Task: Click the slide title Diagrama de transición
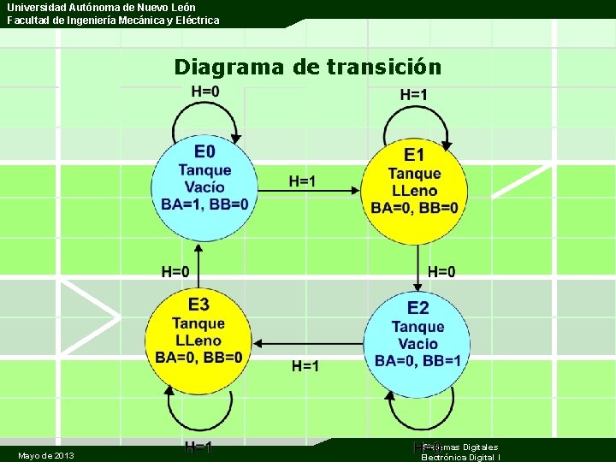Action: [x=307, y=67]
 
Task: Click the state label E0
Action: [x=204, y=152]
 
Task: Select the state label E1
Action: [x=414, y=155]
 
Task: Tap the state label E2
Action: [x=418, y=308]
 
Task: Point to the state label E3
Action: [x=198, y=304]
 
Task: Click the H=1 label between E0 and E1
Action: [x=302, y=181]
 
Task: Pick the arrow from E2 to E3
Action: [x=311, y=344]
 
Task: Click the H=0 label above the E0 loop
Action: [x=204, y=92]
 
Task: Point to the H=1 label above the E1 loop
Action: [x=414, y=94]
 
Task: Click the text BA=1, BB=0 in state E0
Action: [x=205, y=204]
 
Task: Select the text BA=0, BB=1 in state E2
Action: [x=418, y=361]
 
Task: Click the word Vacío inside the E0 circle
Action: [x=204, y=187]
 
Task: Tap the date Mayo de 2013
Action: [x=45, y=455]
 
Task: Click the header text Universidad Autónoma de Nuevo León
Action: [x=102, y=7]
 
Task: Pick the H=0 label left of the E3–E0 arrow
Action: [x=175, y=272]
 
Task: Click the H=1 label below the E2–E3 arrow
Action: [x=305, y=366]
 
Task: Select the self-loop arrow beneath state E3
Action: [x=198, y=416]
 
